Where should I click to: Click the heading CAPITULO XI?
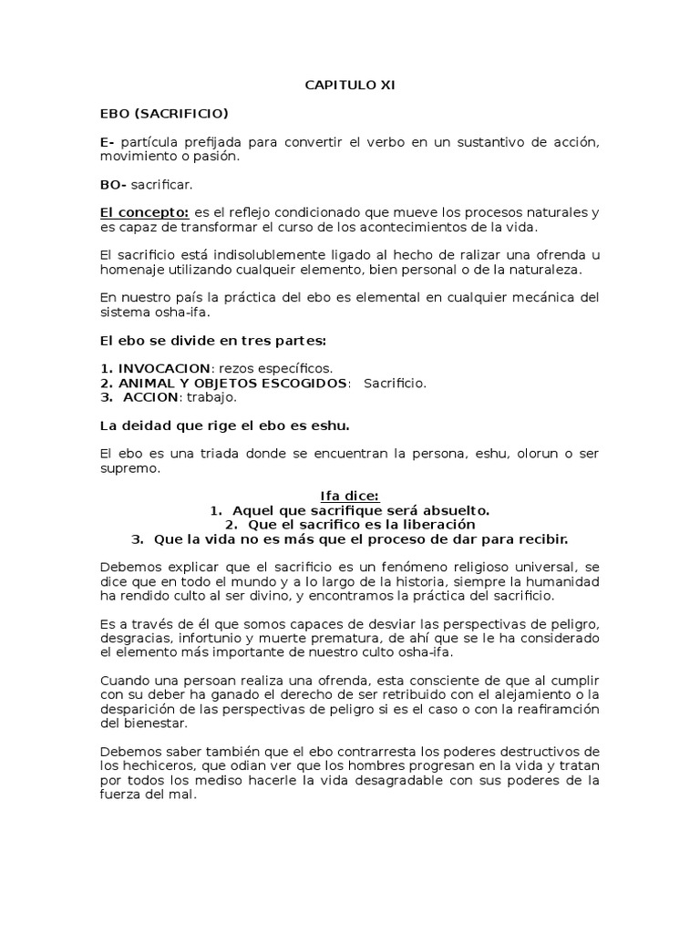point(349,85)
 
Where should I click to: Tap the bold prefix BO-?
point(113,185)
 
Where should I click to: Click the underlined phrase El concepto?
point(144,213)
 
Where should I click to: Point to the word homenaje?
point(129,270)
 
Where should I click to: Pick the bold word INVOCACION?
point(162,368)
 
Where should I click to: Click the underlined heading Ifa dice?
point(349,496)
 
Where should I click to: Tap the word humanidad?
point(563,581)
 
